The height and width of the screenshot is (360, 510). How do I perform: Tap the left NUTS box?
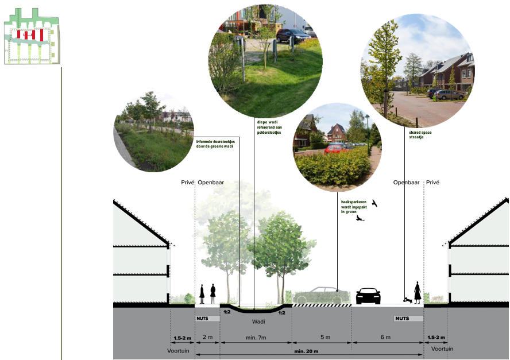[x=208, y=318]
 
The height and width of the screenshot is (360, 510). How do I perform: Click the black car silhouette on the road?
[x=368, y=296]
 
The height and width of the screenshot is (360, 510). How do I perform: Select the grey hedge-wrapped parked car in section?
[x=322, y=295]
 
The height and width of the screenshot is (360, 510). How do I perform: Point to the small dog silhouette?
[x=407, y=299]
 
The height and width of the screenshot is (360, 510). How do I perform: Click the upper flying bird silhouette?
[x=375, y=203]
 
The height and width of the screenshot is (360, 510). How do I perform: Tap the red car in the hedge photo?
[x=335, y=148]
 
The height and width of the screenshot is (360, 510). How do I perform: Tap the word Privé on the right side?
[x=433, y=183]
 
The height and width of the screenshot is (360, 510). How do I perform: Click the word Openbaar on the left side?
[x=211, y=183]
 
